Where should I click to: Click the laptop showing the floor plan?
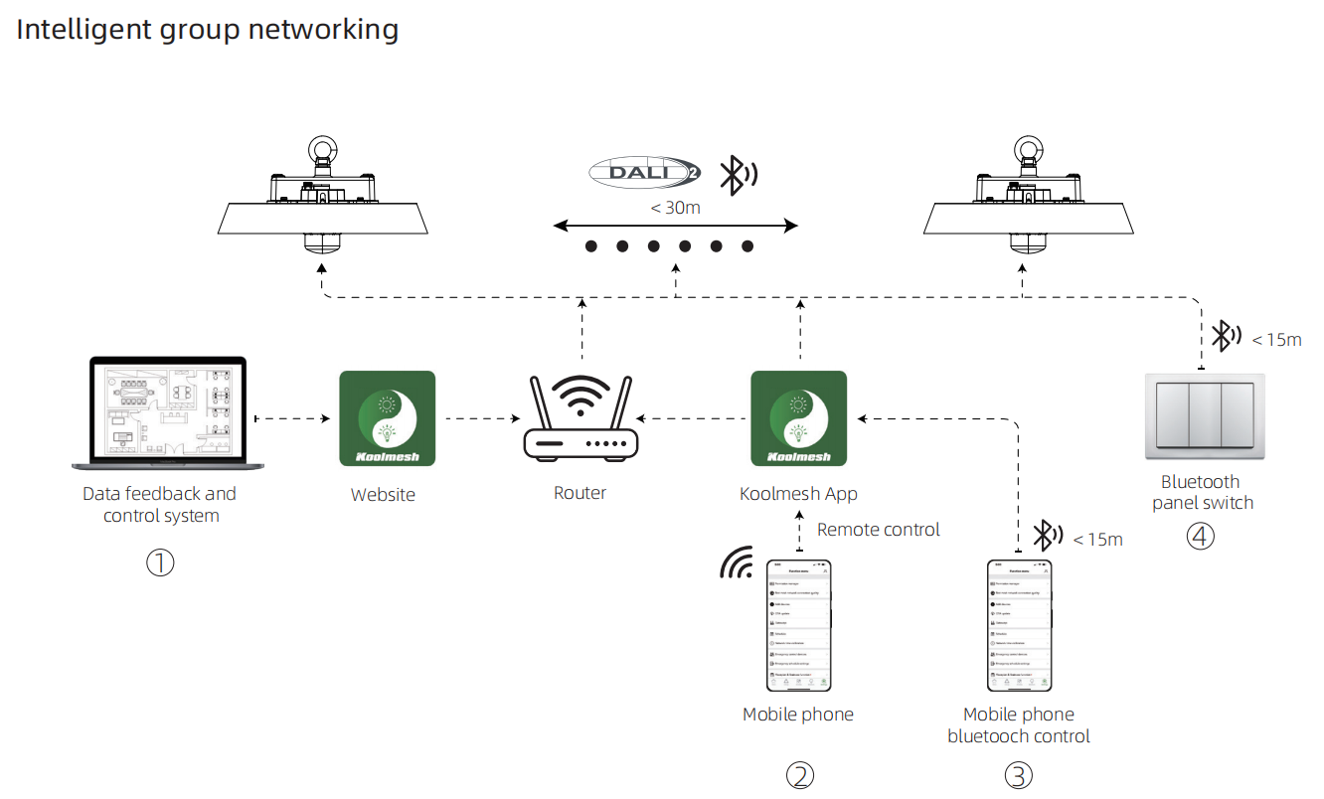coord(161,412)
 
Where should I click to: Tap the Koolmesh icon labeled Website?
coord(387,418)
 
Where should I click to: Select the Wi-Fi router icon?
coord(580,418)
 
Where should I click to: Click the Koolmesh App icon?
coord(798,418)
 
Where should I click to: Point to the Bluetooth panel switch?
coord(1206,416)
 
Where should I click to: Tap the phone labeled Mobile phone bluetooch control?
coord(1019,625)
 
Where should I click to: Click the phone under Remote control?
coord(799,625)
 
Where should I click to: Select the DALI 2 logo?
coord(642,172)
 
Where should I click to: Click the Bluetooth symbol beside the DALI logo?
coord(737,175)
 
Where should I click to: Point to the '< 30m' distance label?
coord(676,208)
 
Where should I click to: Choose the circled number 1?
coord(160,562)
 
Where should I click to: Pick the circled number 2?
coord(800,775)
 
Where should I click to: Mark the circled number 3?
coord(1018,775)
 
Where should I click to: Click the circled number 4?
coord(1201,537)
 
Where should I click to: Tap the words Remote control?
coord(878,530)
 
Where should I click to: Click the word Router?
coord(579,493)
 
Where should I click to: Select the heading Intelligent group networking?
coord(207,29)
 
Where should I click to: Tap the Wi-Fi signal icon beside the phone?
coord(738,564)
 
